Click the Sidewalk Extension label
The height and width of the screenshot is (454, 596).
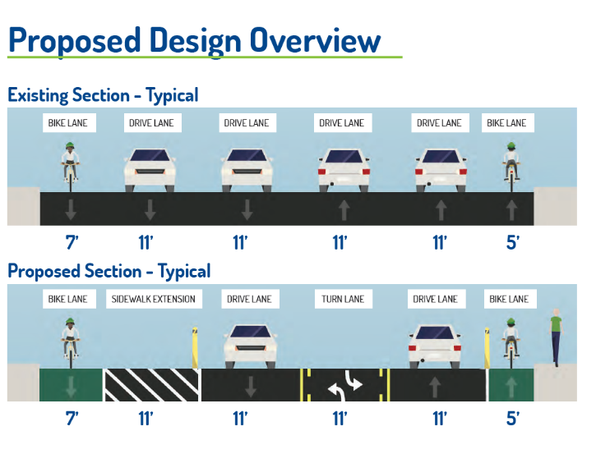pyautogui.click(x=153, y=299)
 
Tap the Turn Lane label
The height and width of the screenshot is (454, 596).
pyautogui.click(x=342, y=299)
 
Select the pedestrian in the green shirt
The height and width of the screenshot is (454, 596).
pyautogui.click(x=557, y=337)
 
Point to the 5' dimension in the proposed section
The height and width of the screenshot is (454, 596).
pyautogui.click(x=512, y=420)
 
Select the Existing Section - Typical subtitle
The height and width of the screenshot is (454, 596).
pyautogui.click(x=103, y=95)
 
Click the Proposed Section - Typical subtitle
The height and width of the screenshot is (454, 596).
pyautogui.click(x=109, y=271)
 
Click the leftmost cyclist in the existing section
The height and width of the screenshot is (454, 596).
pyautogui.click(x=71, y=164)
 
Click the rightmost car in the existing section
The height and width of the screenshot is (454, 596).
pyautogui.click(x=438, y=169)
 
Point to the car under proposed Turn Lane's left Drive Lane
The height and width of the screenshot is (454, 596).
pyautogui.click(x=247, y=345)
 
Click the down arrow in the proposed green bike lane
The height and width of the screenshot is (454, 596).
pyautogui.click(x=71, y=385)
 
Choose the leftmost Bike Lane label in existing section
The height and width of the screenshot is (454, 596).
pyautogui.click(x=71, y=123)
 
